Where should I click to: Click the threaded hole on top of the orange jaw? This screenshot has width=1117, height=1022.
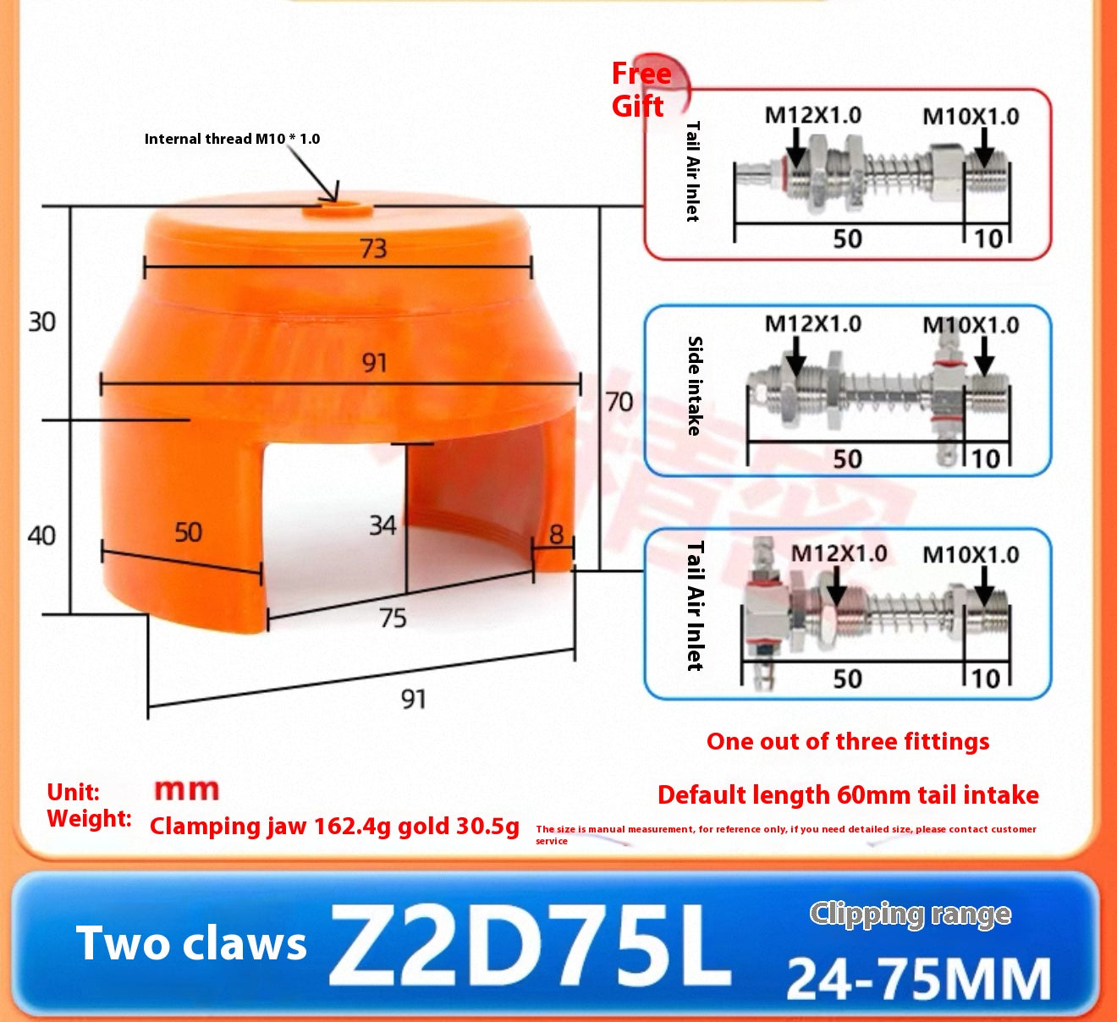point(338,210)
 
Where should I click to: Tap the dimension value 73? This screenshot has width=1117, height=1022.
point(373,249)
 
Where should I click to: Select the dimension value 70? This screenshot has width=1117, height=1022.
point(619,402)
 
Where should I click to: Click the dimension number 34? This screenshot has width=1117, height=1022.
point(382,525)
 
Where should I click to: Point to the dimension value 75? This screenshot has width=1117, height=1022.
point(393,618)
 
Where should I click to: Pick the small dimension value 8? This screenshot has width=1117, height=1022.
point(556,535)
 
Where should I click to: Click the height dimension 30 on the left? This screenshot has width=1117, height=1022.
point(41,322)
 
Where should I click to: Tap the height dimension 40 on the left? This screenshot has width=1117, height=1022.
point(41,536)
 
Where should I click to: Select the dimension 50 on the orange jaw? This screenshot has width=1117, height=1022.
point(188,532)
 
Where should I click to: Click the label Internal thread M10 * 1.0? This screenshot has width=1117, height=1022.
point(232,139)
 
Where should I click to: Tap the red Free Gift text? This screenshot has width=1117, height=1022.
point(641,90)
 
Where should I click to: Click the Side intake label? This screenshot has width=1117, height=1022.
point(695,386)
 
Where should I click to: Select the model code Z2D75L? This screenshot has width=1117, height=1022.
point(529,945)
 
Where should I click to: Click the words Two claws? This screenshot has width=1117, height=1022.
point(191,943)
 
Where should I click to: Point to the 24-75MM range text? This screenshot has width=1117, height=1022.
point(919,979)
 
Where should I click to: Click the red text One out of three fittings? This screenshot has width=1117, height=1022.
point(848,742)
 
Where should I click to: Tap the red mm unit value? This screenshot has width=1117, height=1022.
point(186,790)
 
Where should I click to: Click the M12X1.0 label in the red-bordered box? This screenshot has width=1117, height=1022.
point(812,115)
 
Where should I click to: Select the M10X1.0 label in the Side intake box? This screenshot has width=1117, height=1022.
point(971,325)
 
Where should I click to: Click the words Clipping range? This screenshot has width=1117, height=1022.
point(911,915)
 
